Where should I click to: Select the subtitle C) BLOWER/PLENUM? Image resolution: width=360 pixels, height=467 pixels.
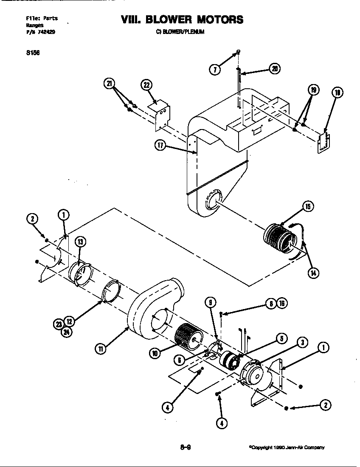tap(180, 31)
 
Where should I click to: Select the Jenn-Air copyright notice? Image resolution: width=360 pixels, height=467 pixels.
tap(287, 447)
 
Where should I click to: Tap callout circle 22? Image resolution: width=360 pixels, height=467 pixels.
tap(146, 85)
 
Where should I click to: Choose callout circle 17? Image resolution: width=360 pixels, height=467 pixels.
tap(160, 145)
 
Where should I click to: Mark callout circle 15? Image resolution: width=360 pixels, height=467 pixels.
tap(308, 207)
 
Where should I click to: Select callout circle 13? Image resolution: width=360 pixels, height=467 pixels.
tap(80, 242)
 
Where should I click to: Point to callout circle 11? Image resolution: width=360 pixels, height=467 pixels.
tap(100, 349)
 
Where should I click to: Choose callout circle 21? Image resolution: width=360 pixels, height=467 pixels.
tap(110, 84)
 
